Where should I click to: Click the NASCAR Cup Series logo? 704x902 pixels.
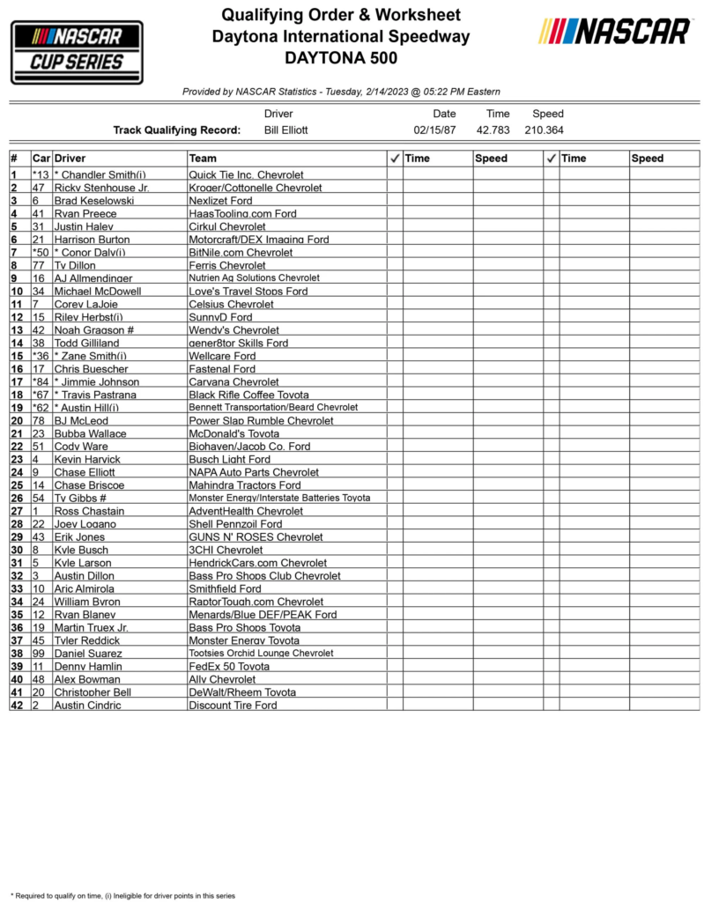pyautogui.click(x=77, y=52)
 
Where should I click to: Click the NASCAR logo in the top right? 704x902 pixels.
pyautogui.click(x=615, y=32)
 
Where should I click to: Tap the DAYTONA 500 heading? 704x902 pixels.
pyautogui.click(x=341, y=59)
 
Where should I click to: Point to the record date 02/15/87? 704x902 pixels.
pyautogui.click(x=434, y=130)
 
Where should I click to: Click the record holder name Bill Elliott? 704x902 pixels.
pyautogui.click(x=286, y=130)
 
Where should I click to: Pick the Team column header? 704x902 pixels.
pyautogui.click(x=204, y=159)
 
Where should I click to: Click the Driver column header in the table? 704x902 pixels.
pyautogui.click(x=70, y=159)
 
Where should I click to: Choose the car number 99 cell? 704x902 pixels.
pyautogui.click(x=40, y=654)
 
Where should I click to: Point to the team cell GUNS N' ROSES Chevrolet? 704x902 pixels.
pyautogui.click(x=256, y=537)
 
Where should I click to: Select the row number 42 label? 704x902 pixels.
pyautogui.click(x=16, y=706)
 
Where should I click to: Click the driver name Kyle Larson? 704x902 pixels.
pyautogui.click(x=83, y=563)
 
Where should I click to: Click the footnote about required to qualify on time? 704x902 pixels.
pyautogui.click(x=122, y=895)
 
